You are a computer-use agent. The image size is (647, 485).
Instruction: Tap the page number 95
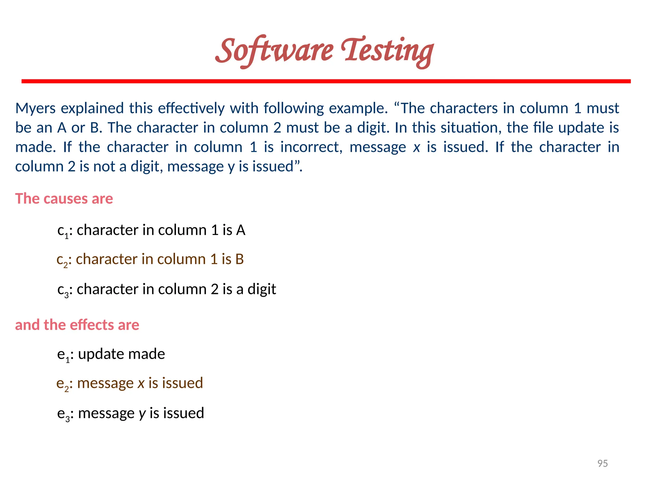602,463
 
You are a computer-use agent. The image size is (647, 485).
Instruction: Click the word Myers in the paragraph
35,108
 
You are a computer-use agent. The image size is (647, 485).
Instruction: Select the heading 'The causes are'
64,199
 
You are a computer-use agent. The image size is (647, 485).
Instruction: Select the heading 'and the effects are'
77,325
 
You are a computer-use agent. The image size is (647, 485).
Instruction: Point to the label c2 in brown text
62,260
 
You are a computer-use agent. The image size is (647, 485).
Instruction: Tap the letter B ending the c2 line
239,259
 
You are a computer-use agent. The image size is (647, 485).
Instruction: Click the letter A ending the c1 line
241,230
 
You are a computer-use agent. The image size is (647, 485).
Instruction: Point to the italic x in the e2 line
141,383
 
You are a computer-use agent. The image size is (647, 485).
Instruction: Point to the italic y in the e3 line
142,414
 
